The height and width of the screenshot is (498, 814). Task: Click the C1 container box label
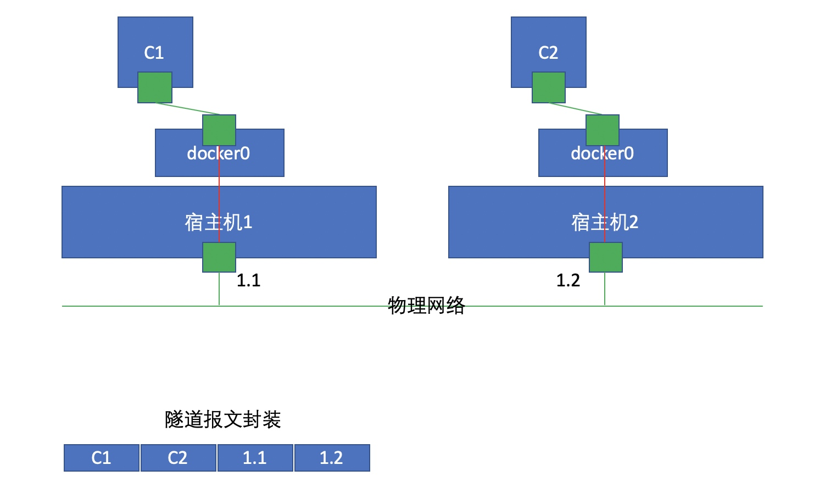coord(154,53)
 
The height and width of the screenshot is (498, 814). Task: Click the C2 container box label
coord(548,53)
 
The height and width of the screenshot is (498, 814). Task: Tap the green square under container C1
coord(155,87)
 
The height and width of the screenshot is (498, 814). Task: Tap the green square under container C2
coord(549,87)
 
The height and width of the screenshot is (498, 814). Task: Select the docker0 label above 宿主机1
coord(219,153)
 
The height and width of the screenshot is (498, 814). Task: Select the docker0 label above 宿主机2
coord(602,153)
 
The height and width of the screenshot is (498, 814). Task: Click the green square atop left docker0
coord(219,130)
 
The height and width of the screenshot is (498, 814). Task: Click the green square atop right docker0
coord(603,130)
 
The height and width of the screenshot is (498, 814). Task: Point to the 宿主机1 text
coord(219,223)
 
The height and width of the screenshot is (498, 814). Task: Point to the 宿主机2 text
coord(605,223)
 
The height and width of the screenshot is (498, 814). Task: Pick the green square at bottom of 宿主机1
coord(219,257)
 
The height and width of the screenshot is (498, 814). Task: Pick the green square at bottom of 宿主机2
coord(606,257)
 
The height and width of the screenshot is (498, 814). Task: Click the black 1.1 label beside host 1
coord(248,281)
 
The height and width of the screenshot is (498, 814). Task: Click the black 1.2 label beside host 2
coord(568,281)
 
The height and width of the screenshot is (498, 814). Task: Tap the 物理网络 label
coord(426,305)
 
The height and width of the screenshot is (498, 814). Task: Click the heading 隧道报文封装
coord(222,419)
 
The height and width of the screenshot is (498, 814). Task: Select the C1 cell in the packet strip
coord(102,458)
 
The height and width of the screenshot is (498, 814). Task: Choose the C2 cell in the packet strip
coord(178,458)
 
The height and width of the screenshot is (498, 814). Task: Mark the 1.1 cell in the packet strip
coord(255,458)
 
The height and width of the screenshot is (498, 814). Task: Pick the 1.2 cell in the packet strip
coord(332,458)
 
